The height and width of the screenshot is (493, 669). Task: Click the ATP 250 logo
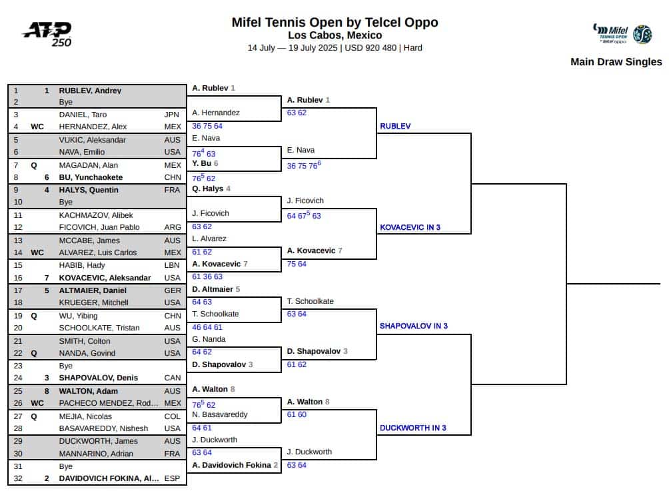(x=47, y=34)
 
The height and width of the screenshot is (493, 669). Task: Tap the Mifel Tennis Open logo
(x=622, y=34)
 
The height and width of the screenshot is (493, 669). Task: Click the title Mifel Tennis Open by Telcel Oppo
(x=335, y=22)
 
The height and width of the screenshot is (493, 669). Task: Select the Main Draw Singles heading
(x=616, y=62)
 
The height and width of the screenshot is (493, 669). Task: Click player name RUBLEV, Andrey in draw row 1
(x=90, y=91)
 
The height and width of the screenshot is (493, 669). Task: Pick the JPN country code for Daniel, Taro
(x=171, y=115)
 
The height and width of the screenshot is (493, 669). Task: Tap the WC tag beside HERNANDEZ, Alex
(x=37, y=126)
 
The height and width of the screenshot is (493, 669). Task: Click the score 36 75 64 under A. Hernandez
(x=207, y=126)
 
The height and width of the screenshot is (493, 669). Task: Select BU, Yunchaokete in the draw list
(x=91, y=177)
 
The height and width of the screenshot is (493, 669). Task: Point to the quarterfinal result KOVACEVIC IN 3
(x=410, y=227)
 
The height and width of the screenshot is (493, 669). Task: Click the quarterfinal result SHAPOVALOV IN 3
(x=413, y=326)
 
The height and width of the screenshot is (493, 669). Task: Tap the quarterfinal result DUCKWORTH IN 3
(x=413, y=428)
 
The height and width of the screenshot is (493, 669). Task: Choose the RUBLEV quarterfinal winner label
(x=395, y=126)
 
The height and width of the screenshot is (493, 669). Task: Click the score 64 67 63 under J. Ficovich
(x=304, y=215)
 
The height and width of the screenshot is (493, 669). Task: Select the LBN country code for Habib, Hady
(x=172, y=265)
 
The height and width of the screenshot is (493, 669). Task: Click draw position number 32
(x=18, y=478)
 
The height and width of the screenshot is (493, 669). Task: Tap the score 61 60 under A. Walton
(x=297, y=414)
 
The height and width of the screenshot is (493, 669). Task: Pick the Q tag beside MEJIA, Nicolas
(x=34, y=416)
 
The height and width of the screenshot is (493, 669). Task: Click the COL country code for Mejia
(x=172, y=416)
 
